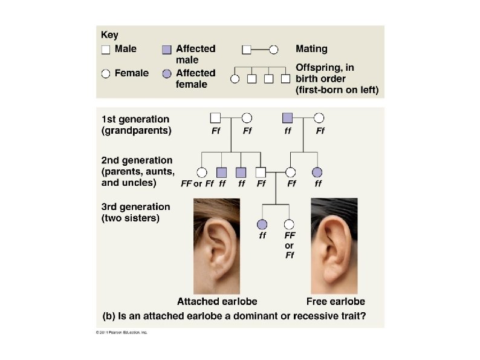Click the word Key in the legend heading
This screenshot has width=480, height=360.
(109, 36)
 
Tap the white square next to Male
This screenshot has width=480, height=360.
(106, 49)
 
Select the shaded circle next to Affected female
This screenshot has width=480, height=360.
(167, 74)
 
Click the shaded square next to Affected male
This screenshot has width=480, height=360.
(167, 49)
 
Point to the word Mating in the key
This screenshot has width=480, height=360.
(311, 48)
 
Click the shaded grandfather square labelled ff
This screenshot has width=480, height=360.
(288, 117)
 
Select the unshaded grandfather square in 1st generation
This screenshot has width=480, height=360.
(215, 117)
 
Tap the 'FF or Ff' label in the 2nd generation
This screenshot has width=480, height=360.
(197, 183)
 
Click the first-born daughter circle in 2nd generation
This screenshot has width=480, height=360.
(202, 173)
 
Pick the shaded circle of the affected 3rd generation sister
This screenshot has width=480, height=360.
(262, 224)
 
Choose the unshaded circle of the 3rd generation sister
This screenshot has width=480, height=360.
(289, 224)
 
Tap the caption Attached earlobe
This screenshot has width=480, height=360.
(216, 301)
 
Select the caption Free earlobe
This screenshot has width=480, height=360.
(336, 301)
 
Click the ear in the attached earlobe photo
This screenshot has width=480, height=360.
(215, 248)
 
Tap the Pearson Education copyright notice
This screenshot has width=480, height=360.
(122, 333)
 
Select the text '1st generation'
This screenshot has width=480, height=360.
(135, 119)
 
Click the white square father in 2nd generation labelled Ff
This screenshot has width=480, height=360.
(261, 173)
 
